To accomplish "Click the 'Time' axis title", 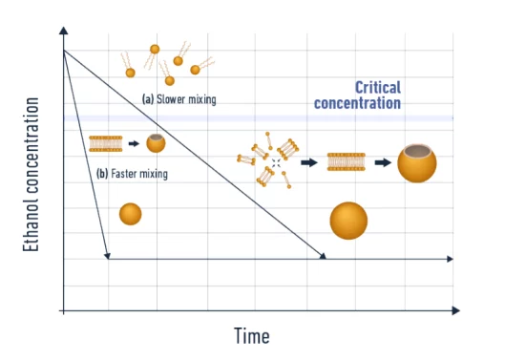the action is (x=252, y=336).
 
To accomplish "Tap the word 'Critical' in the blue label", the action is (x=378, y=87).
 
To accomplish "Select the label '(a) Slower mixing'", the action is (x=179, y=98).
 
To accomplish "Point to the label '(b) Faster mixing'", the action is (x=133, y=174).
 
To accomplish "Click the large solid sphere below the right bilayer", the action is (x=348, y=221).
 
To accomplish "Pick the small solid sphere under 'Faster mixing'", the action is (x=131, y=214).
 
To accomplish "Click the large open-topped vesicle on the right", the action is (x=417, y=162).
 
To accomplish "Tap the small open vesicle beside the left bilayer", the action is (x=156, y=143).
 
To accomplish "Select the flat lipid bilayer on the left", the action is (x=106, y=143).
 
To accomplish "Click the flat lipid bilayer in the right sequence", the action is (x=347, y=162).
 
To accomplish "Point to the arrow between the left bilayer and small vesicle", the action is (x=134, y=143).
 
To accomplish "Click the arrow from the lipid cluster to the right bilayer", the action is (x=308, y=162).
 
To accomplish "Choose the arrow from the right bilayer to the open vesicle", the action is (x=382, y=162).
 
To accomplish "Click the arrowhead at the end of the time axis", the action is (x=455, y=310).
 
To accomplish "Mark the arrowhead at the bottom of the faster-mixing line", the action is (x=108, y=255).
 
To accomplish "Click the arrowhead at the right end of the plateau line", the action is (x=450, y=258).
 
